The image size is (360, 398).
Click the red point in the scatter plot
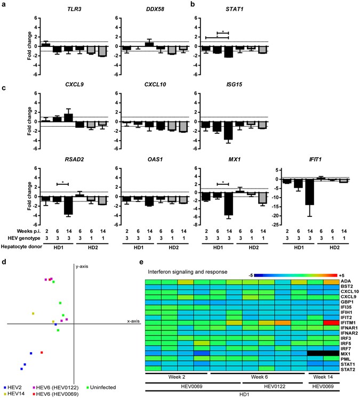point(42,352)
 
